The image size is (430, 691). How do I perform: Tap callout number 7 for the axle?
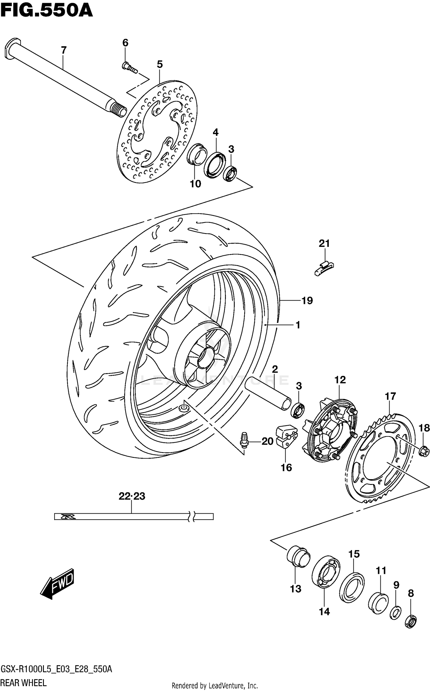point(64,50)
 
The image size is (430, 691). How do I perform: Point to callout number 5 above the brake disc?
point(160,64)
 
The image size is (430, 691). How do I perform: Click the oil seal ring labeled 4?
point(215,165)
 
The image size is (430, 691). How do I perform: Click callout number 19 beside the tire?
point(307,301)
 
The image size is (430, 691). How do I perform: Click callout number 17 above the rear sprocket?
point(390,396)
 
